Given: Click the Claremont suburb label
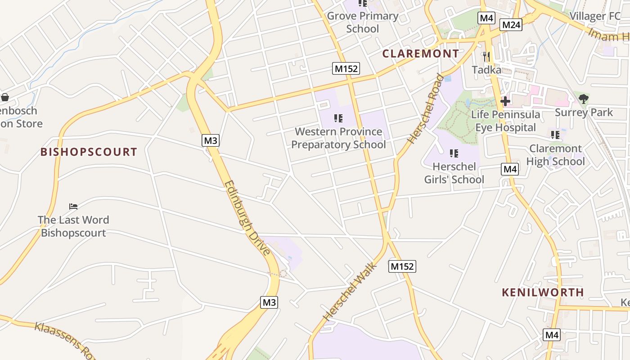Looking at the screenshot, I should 421,54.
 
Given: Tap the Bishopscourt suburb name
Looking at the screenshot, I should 89,152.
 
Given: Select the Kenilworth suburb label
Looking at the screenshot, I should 543,292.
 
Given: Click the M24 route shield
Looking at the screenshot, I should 511,25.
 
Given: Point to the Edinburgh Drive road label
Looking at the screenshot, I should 247,218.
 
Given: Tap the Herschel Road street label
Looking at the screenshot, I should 424,109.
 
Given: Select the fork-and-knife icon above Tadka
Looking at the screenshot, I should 486,57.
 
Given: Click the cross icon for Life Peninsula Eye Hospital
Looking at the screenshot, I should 505,101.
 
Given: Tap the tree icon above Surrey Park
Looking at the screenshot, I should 584,99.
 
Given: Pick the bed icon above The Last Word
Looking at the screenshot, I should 73,207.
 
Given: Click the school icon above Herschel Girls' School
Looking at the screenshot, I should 454,153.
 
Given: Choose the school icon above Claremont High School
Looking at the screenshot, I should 555,135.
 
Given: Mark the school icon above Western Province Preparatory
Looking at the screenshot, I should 338,118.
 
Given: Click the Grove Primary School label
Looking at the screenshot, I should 363,22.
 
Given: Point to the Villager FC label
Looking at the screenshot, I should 595,16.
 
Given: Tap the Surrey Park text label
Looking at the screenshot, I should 584,112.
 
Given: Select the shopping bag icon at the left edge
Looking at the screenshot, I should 5,97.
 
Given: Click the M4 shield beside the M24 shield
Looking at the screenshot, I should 486,18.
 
